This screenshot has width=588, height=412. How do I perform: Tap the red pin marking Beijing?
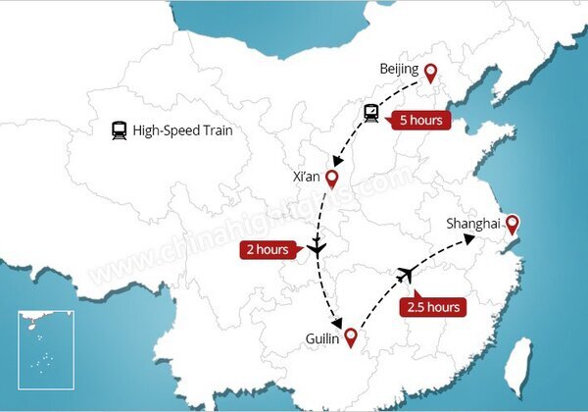coord(428,72)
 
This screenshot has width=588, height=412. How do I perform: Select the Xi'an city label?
coord(307,177)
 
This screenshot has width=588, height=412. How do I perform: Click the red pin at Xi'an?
coord(332,180)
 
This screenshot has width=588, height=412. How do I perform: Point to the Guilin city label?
coord(321,339)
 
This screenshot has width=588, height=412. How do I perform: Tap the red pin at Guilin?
coord(350,340)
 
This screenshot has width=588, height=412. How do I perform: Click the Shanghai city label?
coord(472,224)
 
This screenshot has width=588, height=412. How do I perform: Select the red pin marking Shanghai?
coord(511,226)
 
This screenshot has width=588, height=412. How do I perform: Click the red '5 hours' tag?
coord(420,122)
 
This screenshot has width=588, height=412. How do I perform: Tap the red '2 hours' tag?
coord(267,249)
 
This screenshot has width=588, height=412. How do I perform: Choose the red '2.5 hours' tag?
coord(432,306)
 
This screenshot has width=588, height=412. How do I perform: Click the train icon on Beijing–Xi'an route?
coord(371,113)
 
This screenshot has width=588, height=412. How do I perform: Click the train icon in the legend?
coord(119,130)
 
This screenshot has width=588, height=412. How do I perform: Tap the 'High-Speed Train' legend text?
coord(181,130)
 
